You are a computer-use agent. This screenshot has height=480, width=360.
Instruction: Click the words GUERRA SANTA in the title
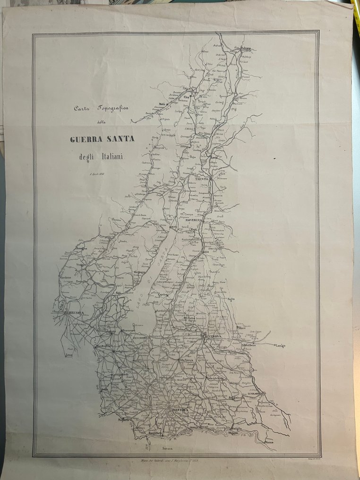pos(102,139)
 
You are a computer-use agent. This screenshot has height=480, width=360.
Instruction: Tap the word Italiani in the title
pos(110,157)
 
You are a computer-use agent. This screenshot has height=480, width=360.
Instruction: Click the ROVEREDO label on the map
pos(193,220)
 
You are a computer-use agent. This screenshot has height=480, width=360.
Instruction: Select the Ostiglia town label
pos(235,429)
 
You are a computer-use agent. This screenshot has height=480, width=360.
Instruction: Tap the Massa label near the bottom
pos(269,442)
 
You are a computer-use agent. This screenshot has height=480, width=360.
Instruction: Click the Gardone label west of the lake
pos(65,277)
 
